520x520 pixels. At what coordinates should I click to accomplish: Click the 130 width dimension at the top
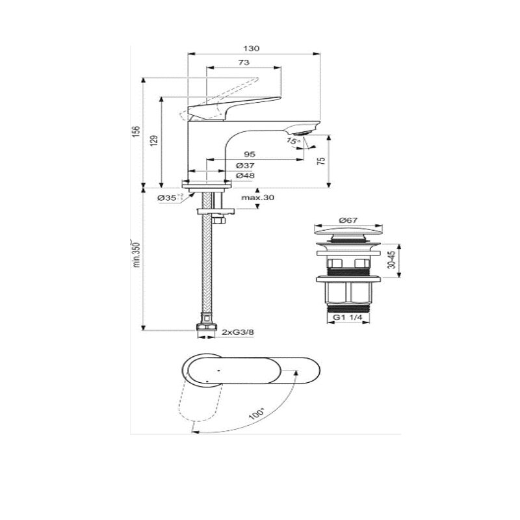pyautogui.click(x=251, y=48)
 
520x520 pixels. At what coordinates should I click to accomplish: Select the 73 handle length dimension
pyautogui.click(x=244, y=62)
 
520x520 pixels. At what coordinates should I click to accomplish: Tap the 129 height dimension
pyautogui.click(x=154, y=141)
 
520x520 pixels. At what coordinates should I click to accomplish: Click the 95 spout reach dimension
pyautogui.click(x=250, y=155)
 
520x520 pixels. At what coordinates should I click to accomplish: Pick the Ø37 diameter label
pyautogui.click(x=246, y=166)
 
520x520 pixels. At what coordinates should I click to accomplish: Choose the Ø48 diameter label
pyautogui.click(x=246, y=175)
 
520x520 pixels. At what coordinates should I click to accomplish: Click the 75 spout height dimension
pyautogui.click(x=321, y=161)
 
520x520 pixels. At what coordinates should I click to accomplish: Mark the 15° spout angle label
pyautogui.click(x=294, y=140)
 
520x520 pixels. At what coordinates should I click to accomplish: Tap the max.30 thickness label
pyautogui.click(x=257, y=198)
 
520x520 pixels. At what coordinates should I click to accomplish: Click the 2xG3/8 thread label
pyautogui.click(x=235, y=332)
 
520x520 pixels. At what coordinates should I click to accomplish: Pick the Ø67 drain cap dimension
pyautogui.click(x=348, y=220)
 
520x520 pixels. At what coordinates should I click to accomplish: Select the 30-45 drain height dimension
pyautogui.click(x=392, y=259)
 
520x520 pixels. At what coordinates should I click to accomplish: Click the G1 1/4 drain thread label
pyautogui.click(x=347, y=317)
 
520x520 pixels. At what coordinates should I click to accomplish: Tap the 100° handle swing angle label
pyautogui.click(x=257, y=413)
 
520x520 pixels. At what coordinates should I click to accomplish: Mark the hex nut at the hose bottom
pyautogui.click(x=206, y=327)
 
